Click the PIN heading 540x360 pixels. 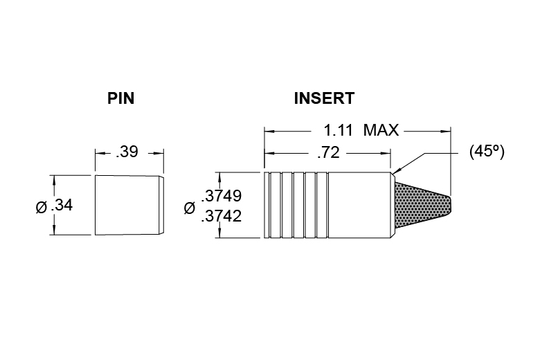[x=120, y=98]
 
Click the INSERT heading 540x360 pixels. [x=324, y=98]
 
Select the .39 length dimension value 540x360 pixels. [x=127, y=152]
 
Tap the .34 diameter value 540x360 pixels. [x=62, y=206]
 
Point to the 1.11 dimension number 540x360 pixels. [x=338, y=130]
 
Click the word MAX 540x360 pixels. [x=381, y=130]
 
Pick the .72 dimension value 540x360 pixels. [x=329, y=152]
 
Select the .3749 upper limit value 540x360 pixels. [x=222, y=196]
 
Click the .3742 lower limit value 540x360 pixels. [x=222, y=216]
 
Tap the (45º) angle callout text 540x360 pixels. [x=487, y=151]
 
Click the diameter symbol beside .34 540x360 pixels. [x=42, y=208]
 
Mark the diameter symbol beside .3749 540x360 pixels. [x=190, y=208]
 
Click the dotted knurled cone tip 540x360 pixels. [x=422, y=206]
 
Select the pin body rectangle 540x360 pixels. [x=127, y=206]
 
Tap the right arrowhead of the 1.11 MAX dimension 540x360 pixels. [x=446, y=132]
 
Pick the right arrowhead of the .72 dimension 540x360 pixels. [x=386, y=153]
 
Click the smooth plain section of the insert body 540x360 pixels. [x=359, y=205]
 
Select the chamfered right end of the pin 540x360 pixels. [x=161, y=206]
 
